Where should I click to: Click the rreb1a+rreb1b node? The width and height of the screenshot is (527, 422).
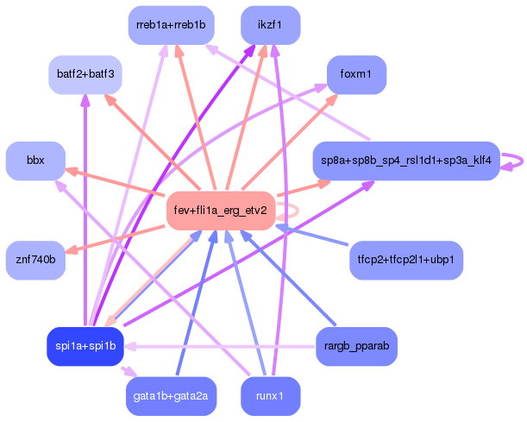(171, 25)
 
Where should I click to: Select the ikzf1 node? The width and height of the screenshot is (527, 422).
(270, 25)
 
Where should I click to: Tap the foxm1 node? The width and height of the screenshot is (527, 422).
(355, 75)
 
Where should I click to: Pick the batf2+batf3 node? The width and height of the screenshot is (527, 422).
(85, 74)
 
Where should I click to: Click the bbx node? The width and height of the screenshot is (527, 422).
(35, 161)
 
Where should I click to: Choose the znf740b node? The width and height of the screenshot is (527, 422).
(35, 259)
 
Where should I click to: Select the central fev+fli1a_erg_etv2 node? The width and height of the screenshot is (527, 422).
(220, 211)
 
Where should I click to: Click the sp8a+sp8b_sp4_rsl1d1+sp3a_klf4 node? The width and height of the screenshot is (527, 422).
(405, 161)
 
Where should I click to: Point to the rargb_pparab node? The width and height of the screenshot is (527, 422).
(356, 346)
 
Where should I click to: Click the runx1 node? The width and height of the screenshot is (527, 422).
(270, 396)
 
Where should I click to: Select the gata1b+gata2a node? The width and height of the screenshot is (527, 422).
(171, 396)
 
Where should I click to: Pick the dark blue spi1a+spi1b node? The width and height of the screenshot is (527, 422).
(85, 346)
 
